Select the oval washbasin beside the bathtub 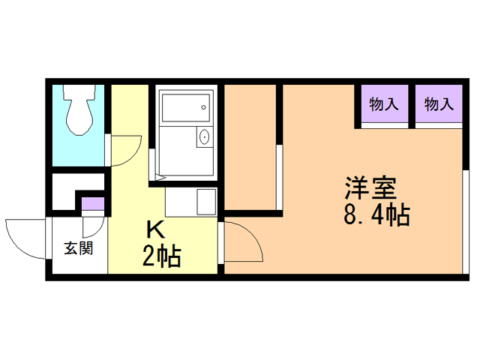click(203, 138)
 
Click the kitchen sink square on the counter click(205, 201)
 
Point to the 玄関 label click(77, 248)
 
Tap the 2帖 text click(161, 256)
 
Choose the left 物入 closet click(383, 105)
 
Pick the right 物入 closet click(439, 105)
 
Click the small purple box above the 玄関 click(93, 202)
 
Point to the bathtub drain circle click(204, 108)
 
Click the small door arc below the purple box click(93, 225)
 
